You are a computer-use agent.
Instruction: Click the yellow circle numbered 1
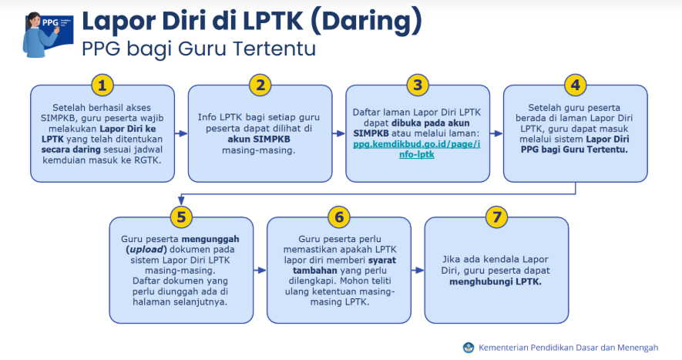click(102, 85)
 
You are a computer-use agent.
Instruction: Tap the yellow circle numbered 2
click(260, 85)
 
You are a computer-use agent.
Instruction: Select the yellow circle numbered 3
click(418, 85)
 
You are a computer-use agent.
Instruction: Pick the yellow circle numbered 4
click(575, 85)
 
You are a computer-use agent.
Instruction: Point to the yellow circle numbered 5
click(181, 217)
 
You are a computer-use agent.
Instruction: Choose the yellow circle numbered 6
click(339, 217)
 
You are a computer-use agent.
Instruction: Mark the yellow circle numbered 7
click(496, 217)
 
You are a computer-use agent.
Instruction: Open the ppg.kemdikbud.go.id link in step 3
click(417, 150)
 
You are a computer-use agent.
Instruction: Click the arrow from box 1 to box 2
click(181, 133)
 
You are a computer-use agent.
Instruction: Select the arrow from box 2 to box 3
click(339, 133)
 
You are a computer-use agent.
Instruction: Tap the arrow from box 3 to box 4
click(496, 133)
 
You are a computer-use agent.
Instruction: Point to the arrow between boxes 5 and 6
click(260, 271)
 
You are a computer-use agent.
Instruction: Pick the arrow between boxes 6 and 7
click(418, 271)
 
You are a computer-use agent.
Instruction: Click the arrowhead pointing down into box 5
click(181, 200)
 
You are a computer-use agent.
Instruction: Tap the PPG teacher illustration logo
click(48, 35)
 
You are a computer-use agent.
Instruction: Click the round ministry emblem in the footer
click(469, 348)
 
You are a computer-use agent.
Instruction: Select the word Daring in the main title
click(366, 21)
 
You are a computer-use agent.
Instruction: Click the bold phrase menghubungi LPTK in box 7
click(496, 281)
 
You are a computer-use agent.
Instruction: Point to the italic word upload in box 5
click(146, 250)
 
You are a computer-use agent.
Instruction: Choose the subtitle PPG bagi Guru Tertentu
click(199, 49)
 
